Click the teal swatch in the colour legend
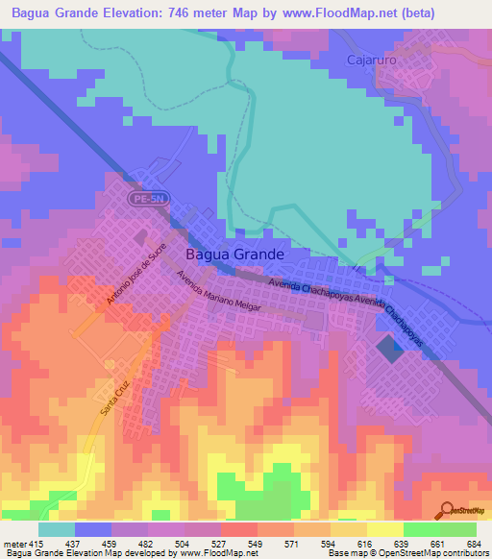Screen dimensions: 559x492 57,529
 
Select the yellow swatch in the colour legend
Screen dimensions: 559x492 384,529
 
